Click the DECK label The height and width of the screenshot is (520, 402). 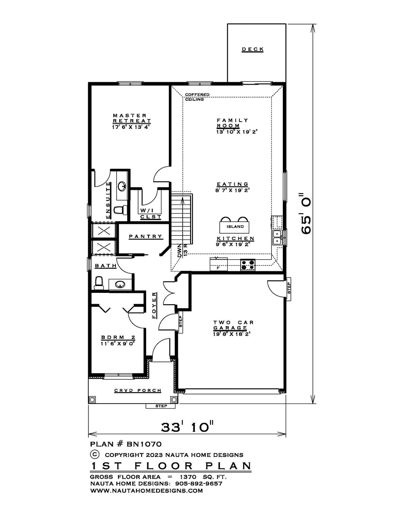(253, 50)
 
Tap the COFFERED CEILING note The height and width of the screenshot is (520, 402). (197, 97)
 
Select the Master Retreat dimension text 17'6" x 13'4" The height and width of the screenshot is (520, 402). (132, 127)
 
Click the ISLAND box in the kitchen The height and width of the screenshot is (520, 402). (235, 227)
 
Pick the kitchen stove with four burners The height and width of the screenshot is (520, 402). (248, 265)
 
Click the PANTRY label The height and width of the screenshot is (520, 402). (145, 236)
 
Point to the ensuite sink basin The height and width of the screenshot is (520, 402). (122, 186)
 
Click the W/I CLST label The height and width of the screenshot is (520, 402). (151, 214)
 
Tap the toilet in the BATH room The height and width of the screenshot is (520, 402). (99, 283)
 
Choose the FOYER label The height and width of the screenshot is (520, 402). (154, 305)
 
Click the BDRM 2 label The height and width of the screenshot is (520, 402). (118, 338)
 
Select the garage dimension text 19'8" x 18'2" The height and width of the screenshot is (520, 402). (232, 334)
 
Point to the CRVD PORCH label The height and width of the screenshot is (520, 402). (138, 390)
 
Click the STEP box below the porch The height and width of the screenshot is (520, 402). (161, 406)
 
